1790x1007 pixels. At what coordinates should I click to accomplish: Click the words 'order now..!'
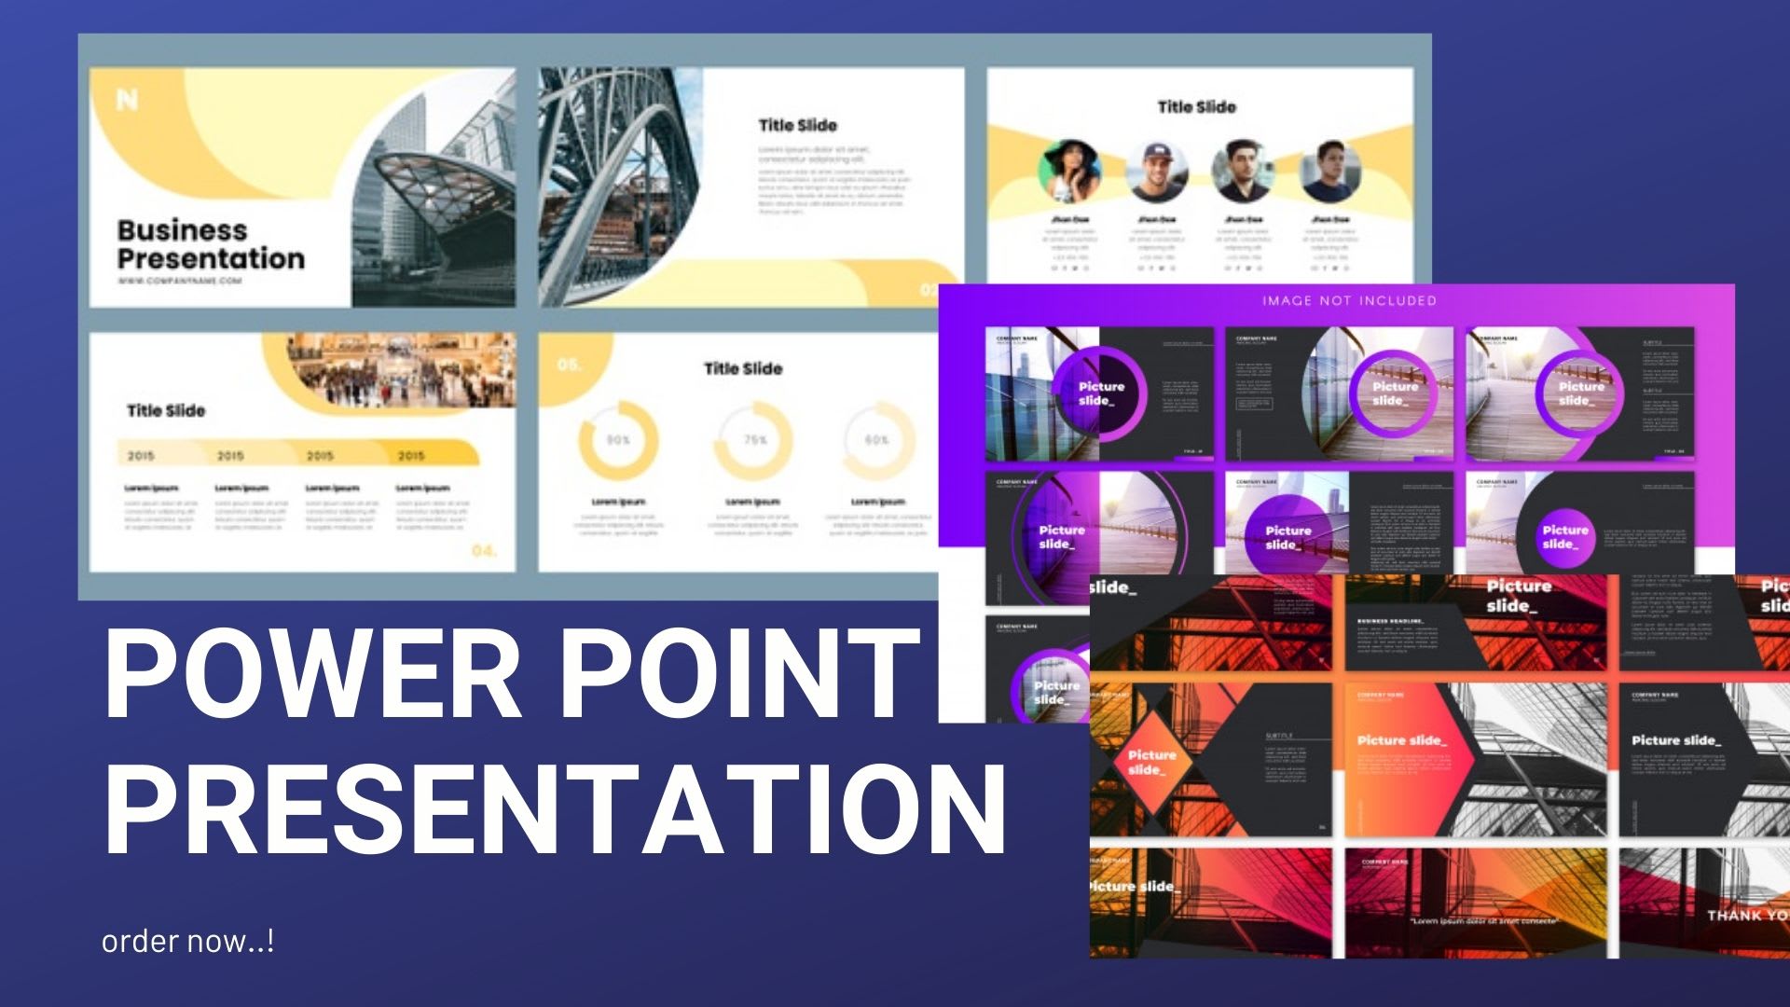[187, 941]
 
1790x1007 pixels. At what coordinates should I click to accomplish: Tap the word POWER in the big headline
[313, 672]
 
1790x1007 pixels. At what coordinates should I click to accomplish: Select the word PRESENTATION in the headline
[556, 807]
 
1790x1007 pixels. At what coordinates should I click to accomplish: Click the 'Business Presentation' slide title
[211, 244]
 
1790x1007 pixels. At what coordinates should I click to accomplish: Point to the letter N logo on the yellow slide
[127, 99]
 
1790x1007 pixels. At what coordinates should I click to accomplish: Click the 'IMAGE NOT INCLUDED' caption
[1349, 300]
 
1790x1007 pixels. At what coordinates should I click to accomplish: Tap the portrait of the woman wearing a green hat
[1069, 172]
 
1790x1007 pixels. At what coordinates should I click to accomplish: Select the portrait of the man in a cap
[1156, 172]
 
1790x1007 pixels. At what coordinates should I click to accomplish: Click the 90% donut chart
[618, 440]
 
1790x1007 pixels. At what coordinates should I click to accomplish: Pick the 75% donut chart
[753, 440]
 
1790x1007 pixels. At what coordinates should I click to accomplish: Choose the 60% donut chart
[876, 440]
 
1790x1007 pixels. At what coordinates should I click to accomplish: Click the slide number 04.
[484, 551]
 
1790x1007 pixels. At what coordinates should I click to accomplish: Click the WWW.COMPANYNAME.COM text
[179, 281]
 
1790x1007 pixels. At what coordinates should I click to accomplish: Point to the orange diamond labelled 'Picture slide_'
[1152, 762]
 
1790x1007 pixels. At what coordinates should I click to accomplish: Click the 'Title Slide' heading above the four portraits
[1196, 107]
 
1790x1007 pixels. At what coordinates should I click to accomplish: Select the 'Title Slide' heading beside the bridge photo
[797, 125]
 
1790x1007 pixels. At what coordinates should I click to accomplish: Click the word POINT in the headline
[741, 672]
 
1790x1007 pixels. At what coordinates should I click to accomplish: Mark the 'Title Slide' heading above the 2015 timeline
[166, 410]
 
